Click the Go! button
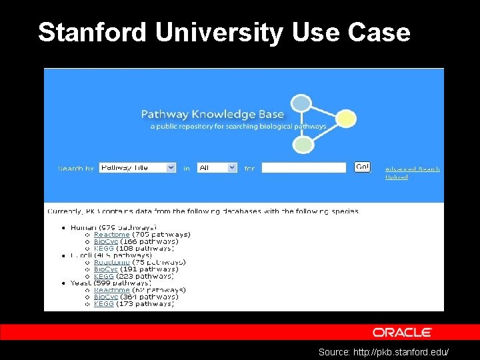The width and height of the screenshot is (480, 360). point(362,167)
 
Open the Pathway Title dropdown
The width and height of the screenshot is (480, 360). point(137,168)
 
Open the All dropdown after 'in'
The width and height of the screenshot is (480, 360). point(217,168)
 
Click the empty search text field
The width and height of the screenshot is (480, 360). point(303,168)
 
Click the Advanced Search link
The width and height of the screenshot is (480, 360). point(412,169)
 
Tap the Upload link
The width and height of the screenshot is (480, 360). point(397,177)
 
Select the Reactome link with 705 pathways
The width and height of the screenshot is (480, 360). point(111,235)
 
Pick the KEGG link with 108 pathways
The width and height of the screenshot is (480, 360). point(103,248)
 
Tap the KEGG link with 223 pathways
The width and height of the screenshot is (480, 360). point(103,276)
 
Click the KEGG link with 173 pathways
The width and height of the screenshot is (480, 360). point(103,304)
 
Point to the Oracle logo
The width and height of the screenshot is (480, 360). point(402,332)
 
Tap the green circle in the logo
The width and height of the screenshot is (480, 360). point(304,144)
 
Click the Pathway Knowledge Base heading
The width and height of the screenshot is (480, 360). point(212,114)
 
